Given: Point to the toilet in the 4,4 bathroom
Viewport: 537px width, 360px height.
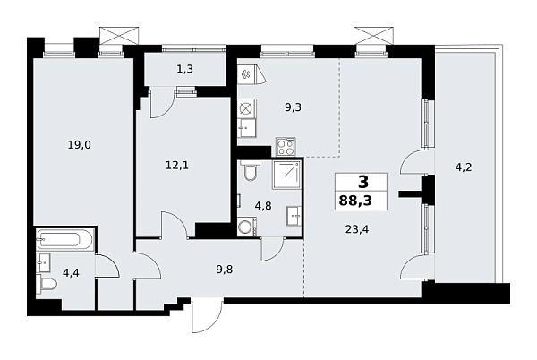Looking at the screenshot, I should click(x=48, y=285).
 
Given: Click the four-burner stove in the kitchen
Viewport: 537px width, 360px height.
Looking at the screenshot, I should click(x=286, y=145).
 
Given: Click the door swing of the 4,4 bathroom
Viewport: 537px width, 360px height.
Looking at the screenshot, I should click(x=106, y=266).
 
